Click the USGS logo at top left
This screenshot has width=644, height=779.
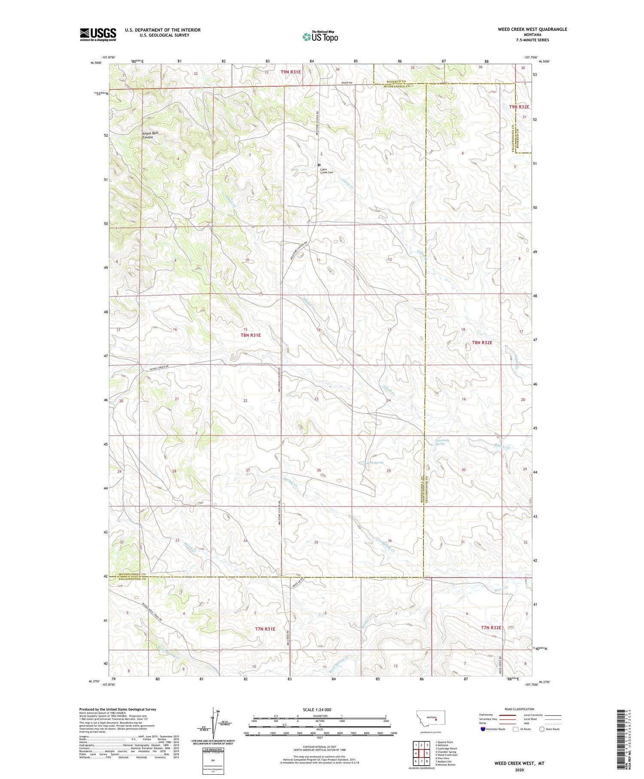[x=98, y=34]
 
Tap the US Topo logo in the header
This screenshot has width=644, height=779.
[x=320, y=37]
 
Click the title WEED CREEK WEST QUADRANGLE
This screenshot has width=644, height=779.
[x=532, y=29]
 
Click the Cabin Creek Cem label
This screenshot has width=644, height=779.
[x=326, y=171]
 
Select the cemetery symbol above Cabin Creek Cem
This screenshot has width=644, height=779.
[x=319, y=165]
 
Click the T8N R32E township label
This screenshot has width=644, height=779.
[x=482, y=342]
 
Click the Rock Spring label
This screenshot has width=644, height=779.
[x=374, y=463]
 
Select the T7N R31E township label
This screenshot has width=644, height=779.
[x=265, y=629]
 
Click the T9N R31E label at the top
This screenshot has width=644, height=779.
[x=291, y=72]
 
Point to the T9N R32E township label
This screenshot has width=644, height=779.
[x=519, y=107]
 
